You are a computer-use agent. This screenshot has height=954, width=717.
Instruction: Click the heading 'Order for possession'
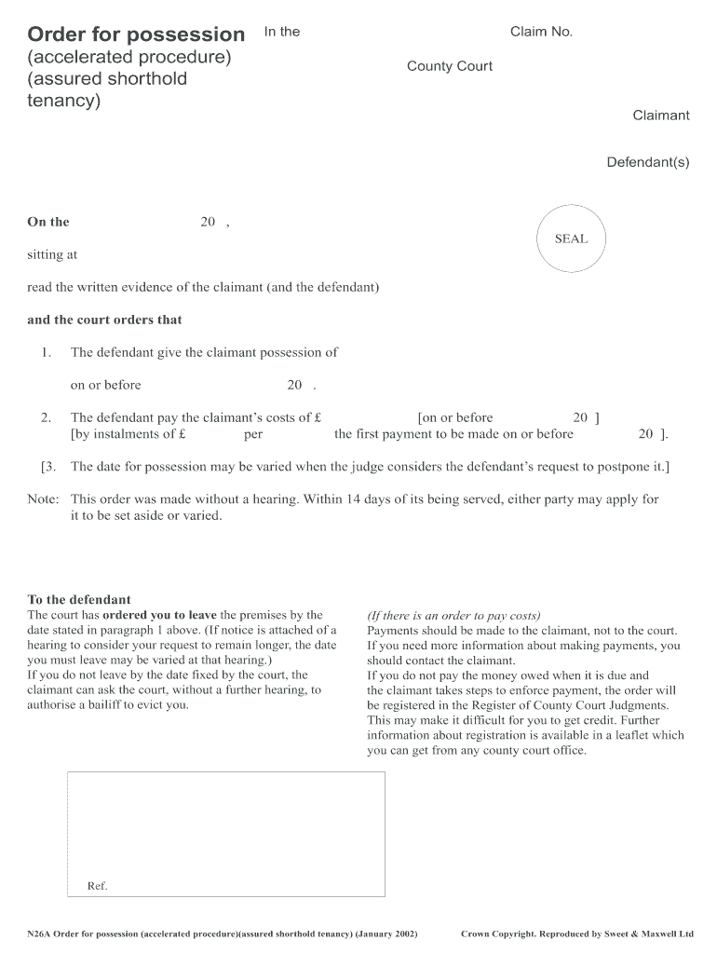pyautogui.click(x=136, y=34)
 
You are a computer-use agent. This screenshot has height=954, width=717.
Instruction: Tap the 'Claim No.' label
pyautogui.click(x=541, y=32)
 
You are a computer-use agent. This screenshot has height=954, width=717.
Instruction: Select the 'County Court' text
pyautogui.click(x=450, y=66)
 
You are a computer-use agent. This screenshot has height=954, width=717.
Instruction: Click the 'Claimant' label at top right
pyautogui.click(x=661, y=116)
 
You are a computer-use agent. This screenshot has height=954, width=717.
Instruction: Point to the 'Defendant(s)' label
pyautogui.click(x=648, y=162)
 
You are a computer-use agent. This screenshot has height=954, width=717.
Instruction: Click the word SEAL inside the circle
pyautogui.click(x=571, y=238)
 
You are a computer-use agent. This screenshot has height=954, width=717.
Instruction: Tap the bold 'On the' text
pyautogui.click(x=48, y=222)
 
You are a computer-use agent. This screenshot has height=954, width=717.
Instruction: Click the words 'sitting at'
pyautogui.click(x=52, y=254)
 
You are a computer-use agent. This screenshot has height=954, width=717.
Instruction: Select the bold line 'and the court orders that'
pyautogui.click(x=104, y=320)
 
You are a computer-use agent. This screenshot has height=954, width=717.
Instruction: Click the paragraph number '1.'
pyautogui.click(x=46, y=352)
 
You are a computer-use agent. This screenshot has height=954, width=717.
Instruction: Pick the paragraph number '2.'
pyautogui.click(x=46, y=417)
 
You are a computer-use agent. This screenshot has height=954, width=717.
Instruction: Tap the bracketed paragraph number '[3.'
pyautogui.click(x=50, y=466)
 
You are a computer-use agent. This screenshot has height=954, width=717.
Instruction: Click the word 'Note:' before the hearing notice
pyautogui.click(x=44, y=499)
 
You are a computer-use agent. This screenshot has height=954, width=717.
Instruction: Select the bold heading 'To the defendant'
pyautogui.click(x=79, y=600)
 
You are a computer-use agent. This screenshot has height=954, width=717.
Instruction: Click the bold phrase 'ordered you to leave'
pyautogui.click(x=159, y=615)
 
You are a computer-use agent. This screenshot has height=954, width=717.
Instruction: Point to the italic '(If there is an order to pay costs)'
pyautogui.click(x=453, y=616)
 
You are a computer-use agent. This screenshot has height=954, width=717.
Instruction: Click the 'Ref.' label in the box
pyautogui.click(x=98, y=886)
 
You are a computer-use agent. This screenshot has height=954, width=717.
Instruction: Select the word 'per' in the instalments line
pyautogui.click(x=253, y=434)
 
